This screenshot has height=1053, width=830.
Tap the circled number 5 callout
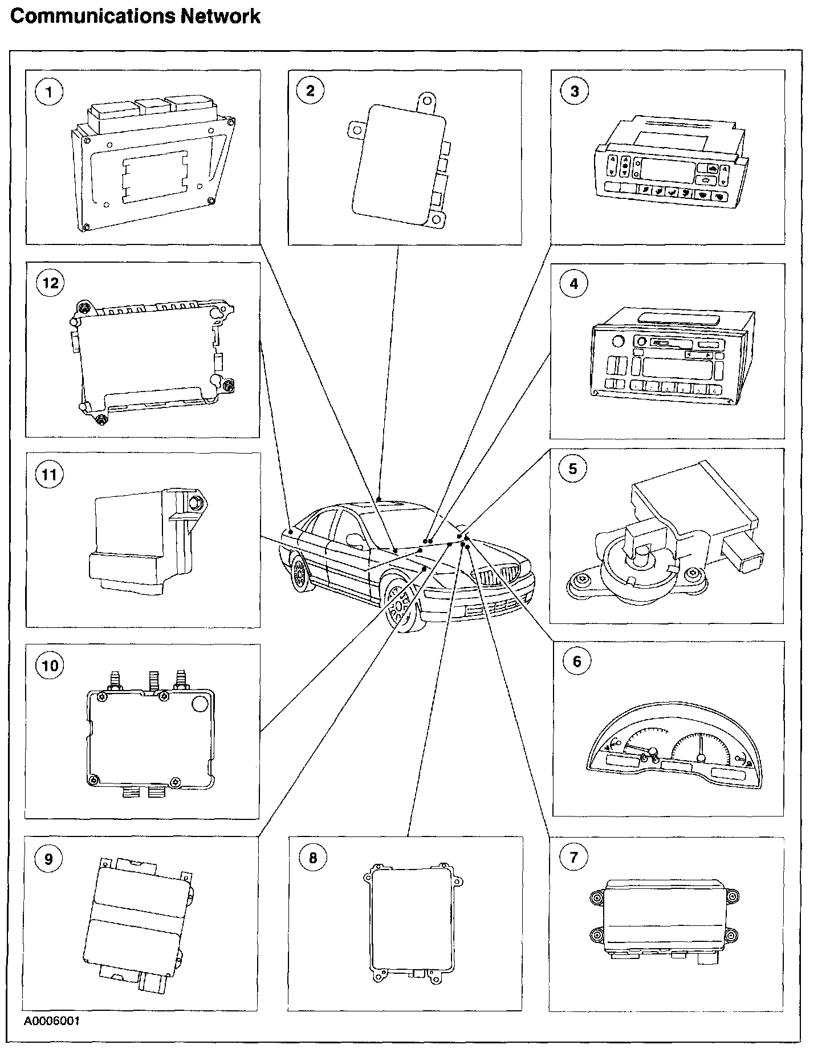[573, 468]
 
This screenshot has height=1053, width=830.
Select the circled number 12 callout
[50, 283]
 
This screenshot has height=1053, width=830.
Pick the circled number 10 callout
[50, 665]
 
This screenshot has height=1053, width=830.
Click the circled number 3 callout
[574, 92]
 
